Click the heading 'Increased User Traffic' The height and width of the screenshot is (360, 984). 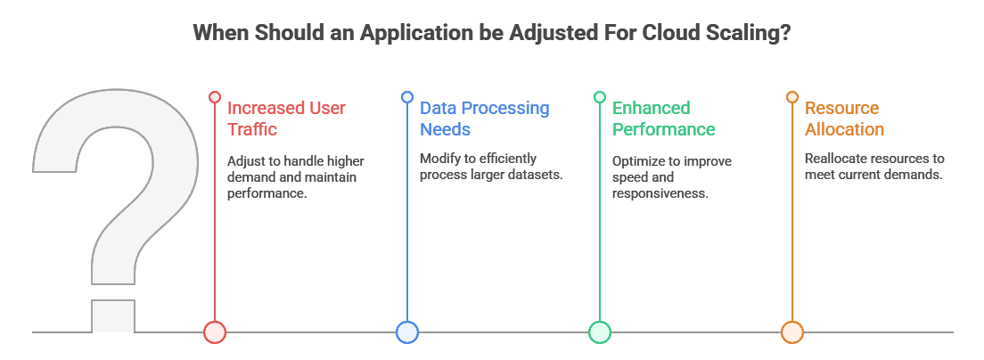(286, 119)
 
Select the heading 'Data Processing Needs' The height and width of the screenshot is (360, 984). (484, 119)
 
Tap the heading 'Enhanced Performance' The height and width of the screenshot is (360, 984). (663, 119)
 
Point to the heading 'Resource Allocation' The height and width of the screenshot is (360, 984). (843, 119)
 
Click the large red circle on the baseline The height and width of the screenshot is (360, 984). (214, 332)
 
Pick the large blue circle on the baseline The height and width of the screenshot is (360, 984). (406, 332)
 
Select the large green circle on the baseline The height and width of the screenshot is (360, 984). (599, 332)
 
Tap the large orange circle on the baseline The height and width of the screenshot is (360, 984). (791, 332)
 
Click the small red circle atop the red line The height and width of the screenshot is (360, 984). (214, 96)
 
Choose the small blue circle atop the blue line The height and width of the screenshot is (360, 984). (406, 96)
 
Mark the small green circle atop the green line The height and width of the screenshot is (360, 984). (599, 96)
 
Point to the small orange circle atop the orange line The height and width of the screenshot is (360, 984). (791, 96)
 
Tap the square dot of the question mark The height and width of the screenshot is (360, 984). (113, 316)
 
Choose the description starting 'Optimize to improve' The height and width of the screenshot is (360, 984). (670, 176)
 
